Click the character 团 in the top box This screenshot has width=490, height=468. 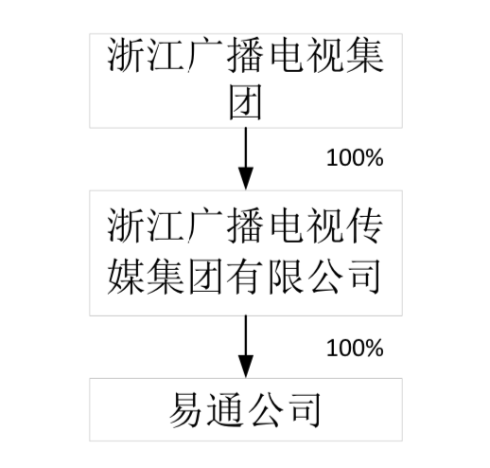click(x=245, y=102)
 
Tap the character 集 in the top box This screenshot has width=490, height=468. click(x=365, y=54)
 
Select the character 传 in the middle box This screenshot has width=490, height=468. click(x=365, y=225)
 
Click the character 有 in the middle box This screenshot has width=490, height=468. click(x=245, y=276)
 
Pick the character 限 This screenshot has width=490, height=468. click(x=285, y=276)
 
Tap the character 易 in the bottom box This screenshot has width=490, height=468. click(x=185, y=409)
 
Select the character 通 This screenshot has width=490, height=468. click(x=225, y=409)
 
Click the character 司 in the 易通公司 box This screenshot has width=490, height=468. click(x=306, y=409)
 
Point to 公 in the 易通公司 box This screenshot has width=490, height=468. click(x=265, y=409)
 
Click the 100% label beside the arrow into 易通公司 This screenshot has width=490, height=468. click(x=355, y=348)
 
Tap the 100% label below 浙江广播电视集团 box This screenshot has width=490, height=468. click(x=355, y=157)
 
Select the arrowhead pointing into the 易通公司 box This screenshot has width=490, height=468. click(x=246, y=367)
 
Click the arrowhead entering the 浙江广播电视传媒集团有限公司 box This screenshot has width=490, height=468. click(x=246, y=179)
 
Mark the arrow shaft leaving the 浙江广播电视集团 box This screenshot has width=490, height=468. click(x=246, y=148)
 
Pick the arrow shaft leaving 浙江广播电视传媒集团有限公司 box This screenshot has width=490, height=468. click(x=246, y=335)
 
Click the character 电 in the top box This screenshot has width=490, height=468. click(x=285, y=54)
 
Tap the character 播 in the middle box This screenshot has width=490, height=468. click(x=245, y=225)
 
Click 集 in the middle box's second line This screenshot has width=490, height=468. click(x=166, y=276)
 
